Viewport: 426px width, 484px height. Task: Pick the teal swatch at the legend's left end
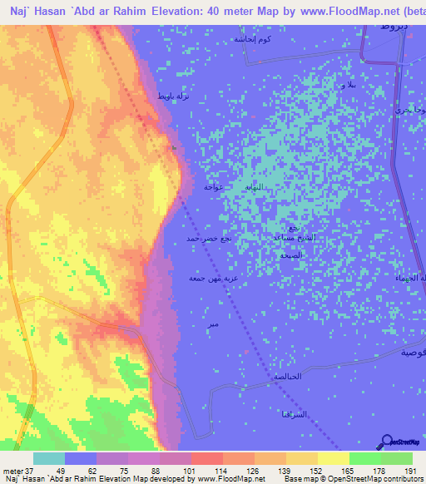[49, 458]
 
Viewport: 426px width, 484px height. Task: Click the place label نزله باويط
[173, 96]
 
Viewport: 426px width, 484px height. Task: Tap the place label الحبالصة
[287, 377]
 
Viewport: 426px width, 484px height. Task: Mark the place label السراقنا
[295, 413]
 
